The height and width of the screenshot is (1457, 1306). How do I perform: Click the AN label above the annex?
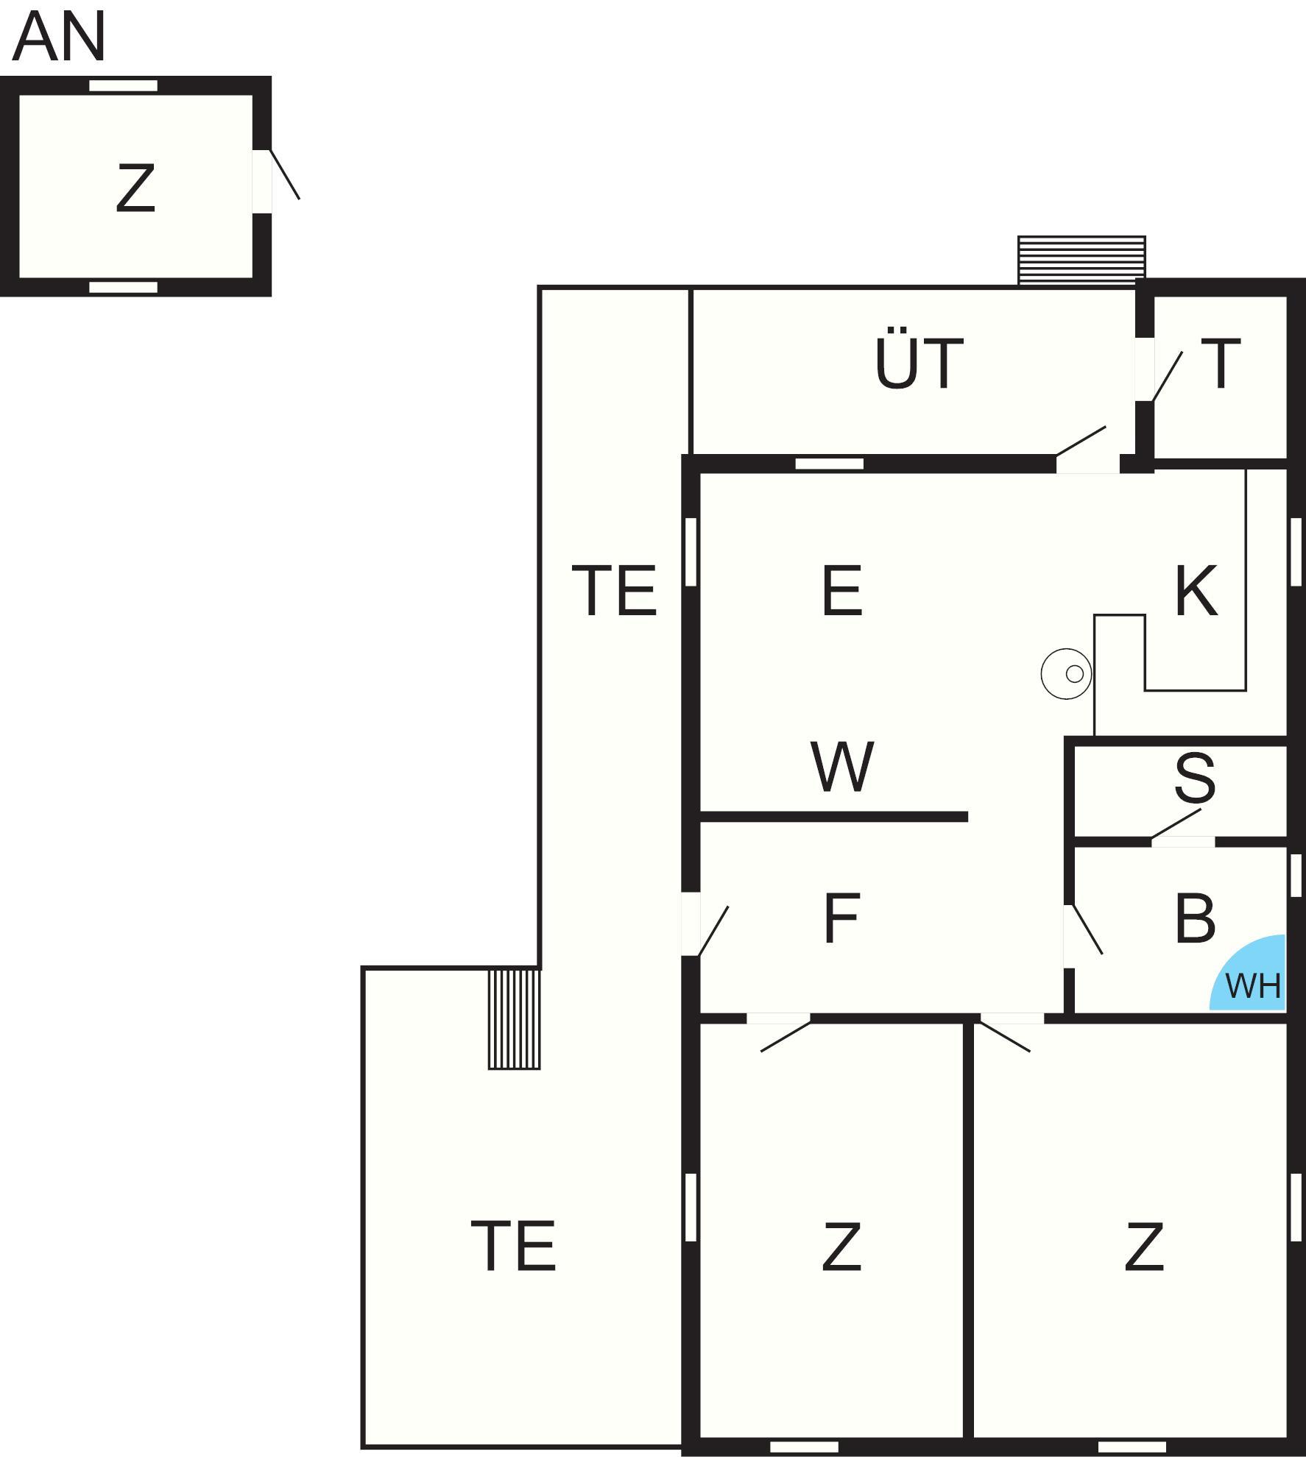click(x=59, y=37)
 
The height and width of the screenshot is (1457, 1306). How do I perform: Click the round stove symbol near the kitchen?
click(x=1066, y=673)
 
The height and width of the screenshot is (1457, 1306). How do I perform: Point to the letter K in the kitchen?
click(x=1196, y=589)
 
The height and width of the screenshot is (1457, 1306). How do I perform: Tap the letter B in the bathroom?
click(x=1194, y=918)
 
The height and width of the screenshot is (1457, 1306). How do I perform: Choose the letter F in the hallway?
click(x=841, y=918)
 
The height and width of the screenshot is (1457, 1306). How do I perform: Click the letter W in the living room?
click(x=842, y=767)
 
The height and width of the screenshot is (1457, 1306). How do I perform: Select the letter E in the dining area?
click(x=841, y=589)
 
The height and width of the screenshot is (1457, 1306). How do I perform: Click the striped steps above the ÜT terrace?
click(x=1081, y=260)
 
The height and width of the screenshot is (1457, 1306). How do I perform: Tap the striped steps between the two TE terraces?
click(x=514, y=1019)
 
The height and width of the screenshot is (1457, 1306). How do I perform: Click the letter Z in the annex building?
click(x=135, y=188)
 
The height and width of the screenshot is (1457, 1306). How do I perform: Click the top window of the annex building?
click(x=123, y=85)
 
